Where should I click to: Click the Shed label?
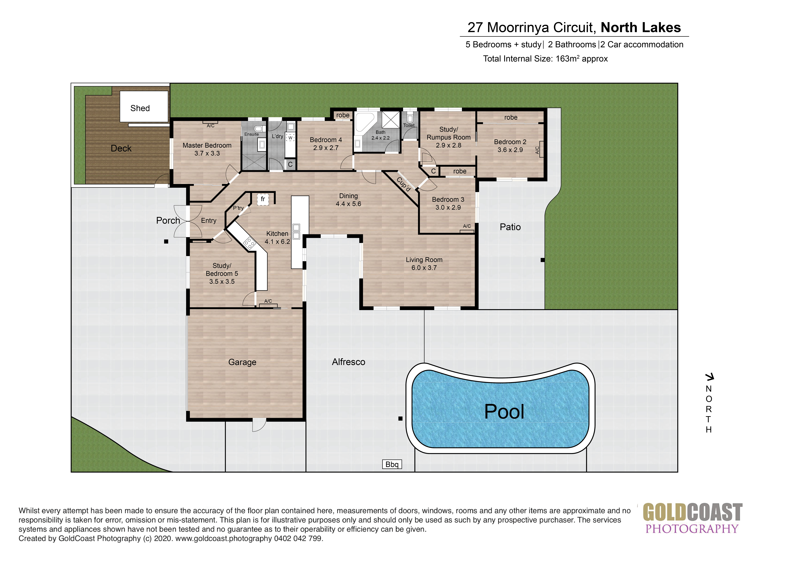pos(140,108)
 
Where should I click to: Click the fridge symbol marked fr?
pos(263,199)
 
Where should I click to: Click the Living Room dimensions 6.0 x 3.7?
pos(424,268)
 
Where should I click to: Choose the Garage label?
pos(242,362)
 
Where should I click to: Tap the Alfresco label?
pos(348,362)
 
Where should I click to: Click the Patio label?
pos(510,227)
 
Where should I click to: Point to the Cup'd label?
pos(404,184)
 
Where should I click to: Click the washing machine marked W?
pos(290,138)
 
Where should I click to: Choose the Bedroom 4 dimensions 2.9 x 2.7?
pos(326,148)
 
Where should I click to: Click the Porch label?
pos(168,220)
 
